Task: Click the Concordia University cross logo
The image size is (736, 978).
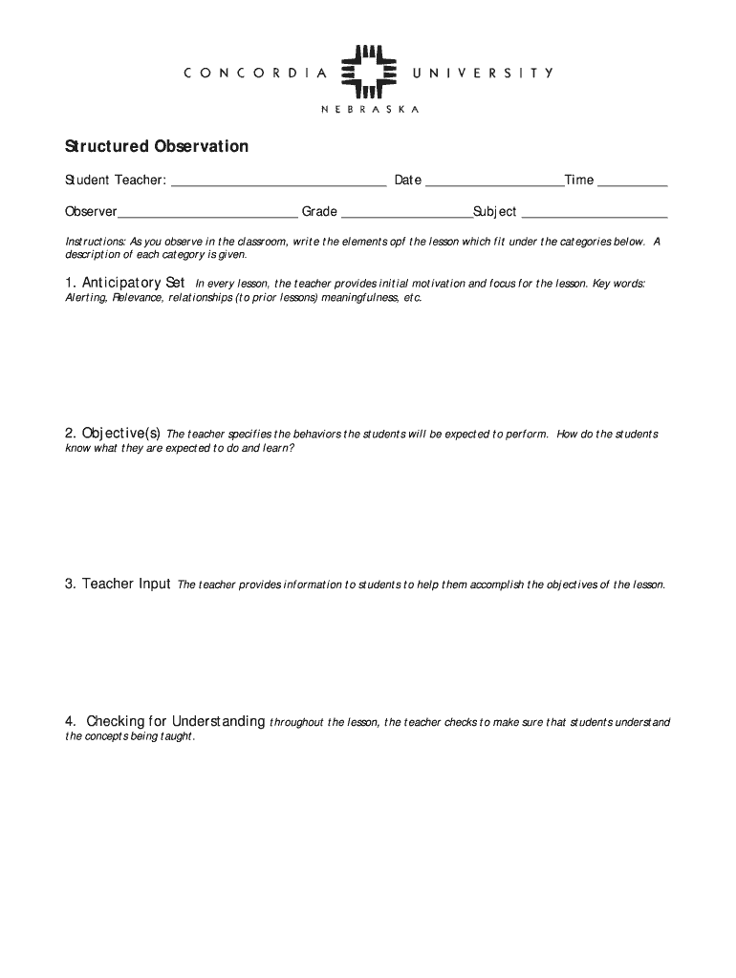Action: click(x=368, y=72)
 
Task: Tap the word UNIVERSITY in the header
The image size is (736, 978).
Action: click(x=483, y=73)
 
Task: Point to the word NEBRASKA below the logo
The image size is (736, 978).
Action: click(x=369, y=110)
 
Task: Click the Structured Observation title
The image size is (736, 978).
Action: click(x=157, y=147)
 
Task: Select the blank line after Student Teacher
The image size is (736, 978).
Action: click(x=278, y=183)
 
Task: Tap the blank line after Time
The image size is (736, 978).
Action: click(x=633, y=183)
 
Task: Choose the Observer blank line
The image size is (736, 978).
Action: click(x=207, y=215)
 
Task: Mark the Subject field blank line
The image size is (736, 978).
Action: click(x=594, y=215)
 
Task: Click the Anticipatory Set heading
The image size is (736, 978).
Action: click(x=125, y=284)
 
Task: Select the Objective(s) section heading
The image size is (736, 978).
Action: click(x=113, y=434)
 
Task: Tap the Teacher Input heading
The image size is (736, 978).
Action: click(x=118, y=584)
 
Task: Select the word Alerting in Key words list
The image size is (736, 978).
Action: click(x=86, y=298)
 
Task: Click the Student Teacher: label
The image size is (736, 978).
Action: click(x=116, y=181)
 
